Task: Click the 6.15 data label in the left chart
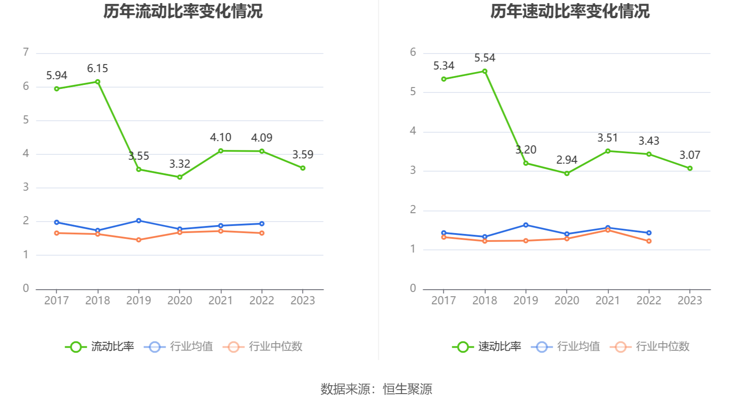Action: pyautogui.click(x=97, y=69)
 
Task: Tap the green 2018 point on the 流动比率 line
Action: pyautogui.click(x=97, y=82)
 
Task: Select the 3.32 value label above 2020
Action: pyautogui.click(x=179, y=164)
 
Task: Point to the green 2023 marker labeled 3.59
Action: pyautogui.click(x=303, y=168)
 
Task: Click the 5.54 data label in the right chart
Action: pyautogui.click(x=485, y=58)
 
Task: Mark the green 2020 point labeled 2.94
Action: pyautogui.click(x=567, y=173)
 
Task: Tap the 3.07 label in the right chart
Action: pyautogui.click(x=690, y=155)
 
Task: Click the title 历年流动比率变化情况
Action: pyautogui.click(x=183, y=11)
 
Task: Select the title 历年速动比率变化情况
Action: pyautogui.click(x=570, y=11)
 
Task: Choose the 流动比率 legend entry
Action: pyautogui.click(x=100, y=347)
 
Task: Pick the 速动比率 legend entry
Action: pyautogui.click(x=487, y=347)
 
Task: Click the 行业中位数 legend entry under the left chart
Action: pyautogui.click(x=263, y=347)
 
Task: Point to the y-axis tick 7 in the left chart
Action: pyautogui.click(x=26, y=53)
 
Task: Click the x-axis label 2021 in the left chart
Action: pyautogui.click(x=221, y=301)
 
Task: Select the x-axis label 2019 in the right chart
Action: pyautogui.click(x=526, y=301)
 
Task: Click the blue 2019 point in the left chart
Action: pyautogui.click(x=139, y=221)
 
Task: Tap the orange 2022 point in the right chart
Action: pyautogui.click(x=649, y=241)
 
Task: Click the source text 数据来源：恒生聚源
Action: pyautogui.click(x=376, y=389)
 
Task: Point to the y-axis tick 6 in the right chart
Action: pyautogui.click(x=413, y=53)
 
